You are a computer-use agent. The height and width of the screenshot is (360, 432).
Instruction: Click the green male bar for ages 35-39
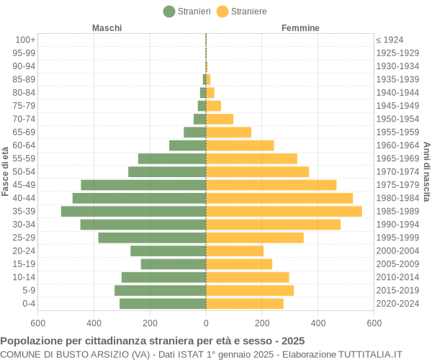[133, 211]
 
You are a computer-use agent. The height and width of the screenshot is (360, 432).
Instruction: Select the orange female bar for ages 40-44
[279, 198]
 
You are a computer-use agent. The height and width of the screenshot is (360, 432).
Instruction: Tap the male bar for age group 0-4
[163, 303]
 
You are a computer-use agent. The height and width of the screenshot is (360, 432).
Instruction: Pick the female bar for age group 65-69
[228, 132]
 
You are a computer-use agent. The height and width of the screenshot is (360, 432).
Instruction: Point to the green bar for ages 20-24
[168, 251]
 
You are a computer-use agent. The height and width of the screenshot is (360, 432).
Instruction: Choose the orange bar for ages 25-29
[255, 238]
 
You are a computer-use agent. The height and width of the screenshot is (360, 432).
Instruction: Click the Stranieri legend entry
[187, 11]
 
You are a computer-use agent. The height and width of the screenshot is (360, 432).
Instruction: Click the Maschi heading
[107, 28]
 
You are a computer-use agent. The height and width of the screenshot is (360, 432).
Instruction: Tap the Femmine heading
[300, 28]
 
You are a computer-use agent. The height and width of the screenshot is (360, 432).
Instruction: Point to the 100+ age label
[25, 40]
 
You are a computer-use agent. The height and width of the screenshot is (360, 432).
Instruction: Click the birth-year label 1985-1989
[397, 211]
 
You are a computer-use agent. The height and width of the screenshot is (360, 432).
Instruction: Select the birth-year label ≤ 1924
[390, 40]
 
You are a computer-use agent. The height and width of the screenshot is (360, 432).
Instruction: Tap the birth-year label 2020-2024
[397, 303]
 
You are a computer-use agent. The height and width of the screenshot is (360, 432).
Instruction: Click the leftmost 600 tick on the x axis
[37, 323]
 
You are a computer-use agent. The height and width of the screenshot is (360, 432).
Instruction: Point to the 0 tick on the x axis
[206, 323]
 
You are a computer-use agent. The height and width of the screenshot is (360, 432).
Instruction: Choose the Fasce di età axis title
[6, 171]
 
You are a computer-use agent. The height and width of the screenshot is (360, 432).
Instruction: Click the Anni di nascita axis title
[426, 171]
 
